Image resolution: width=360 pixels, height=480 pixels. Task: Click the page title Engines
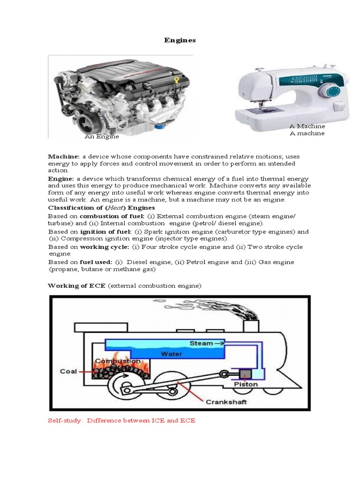[x=180, y=40]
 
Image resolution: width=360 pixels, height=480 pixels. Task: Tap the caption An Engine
[x=102, y=137]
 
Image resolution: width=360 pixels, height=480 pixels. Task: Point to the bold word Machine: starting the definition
[x=64, y=156]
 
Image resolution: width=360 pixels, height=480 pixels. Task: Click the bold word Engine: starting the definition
[x=61, y=179]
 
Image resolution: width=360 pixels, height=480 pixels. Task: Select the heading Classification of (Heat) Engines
[x=101, y=208]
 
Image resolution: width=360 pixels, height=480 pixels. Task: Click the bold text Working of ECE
[x=77, y=285]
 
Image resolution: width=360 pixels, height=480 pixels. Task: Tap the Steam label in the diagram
[x=201, y=344]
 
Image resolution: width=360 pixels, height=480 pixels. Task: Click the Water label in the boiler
[x=171, y=354]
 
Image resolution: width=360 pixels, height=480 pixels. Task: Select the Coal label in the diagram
[x=68, y=371]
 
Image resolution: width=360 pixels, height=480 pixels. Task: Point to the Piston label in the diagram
[x=246, y=385]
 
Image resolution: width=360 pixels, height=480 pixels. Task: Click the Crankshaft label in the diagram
[x=225, y=402]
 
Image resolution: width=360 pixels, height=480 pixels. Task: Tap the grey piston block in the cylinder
[x=245, y=374]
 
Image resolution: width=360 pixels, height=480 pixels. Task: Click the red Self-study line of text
[x=121, y=420]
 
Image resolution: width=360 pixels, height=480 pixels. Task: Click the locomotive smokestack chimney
[x=251, y=327]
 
